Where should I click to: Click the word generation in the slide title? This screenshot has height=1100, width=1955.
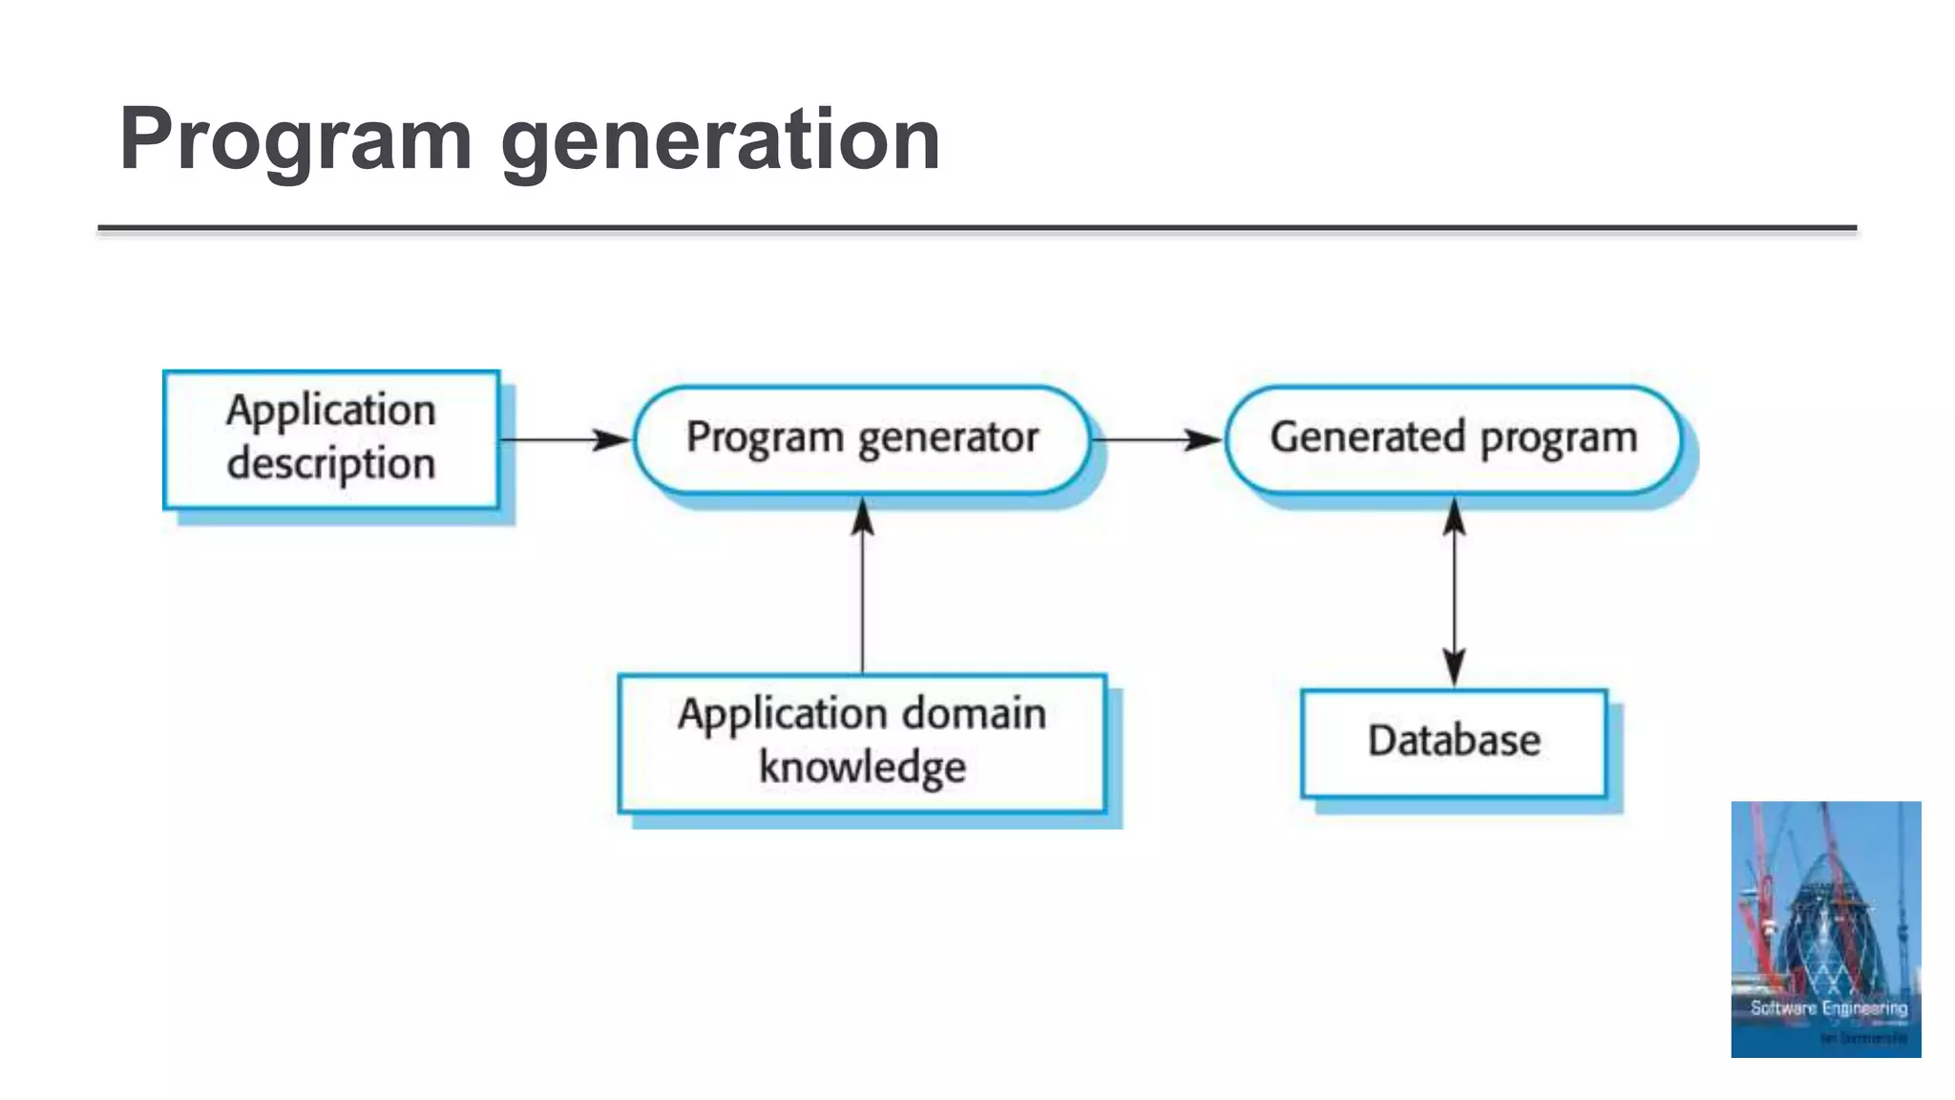point(721,141)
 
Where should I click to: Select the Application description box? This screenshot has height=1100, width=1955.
point(331,439)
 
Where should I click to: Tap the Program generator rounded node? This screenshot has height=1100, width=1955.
point(862,439)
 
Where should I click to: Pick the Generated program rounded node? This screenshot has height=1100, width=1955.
point(1453,439)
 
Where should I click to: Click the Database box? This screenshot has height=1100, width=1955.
point(1454,742)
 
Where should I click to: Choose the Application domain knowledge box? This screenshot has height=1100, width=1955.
point(862,743)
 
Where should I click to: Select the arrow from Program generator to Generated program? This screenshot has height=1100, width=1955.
point(1156,440)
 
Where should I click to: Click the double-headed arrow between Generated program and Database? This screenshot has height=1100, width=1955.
point(1454,592)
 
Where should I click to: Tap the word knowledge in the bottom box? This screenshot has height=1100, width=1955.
point(862,768)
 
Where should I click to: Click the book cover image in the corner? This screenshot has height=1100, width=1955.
point(1825,928)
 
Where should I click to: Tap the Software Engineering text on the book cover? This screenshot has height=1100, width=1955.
point(1828,1008)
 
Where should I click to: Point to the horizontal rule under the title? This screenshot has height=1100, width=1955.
point(977,229)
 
